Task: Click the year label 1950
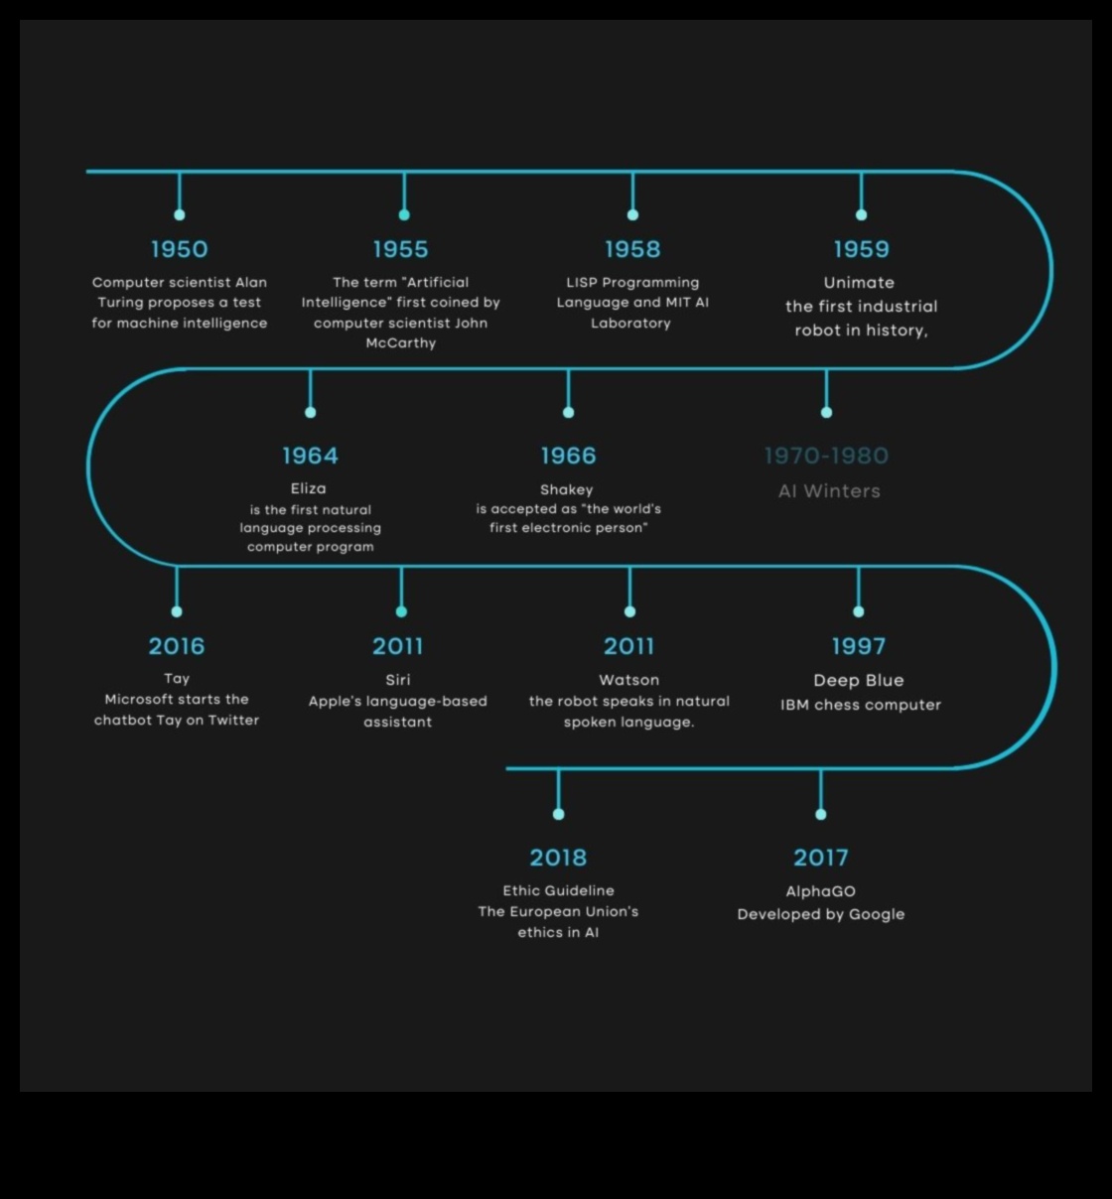180,249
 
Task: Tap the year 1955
401,249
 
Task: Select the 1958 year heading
632,249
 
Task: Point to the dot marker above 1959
861,214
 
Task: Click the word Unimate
859,283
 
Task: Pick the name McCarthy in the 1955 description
401,343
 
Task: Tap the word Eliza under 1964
309,488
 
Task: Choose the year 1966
568,456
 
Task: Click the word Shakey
567,489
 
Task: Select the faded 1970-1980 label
826,456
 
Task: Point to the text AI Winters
829,491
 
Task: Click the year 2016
177,646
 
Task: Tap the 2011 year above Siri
398,646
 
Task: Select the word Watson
629,680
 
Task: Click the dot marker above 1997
859,611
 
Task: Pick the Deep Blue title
859,680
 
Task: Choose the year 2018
558,858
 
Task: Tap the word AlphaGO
821,891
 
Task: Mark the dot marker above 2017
821,814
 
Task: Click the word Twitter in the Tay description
233,721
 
